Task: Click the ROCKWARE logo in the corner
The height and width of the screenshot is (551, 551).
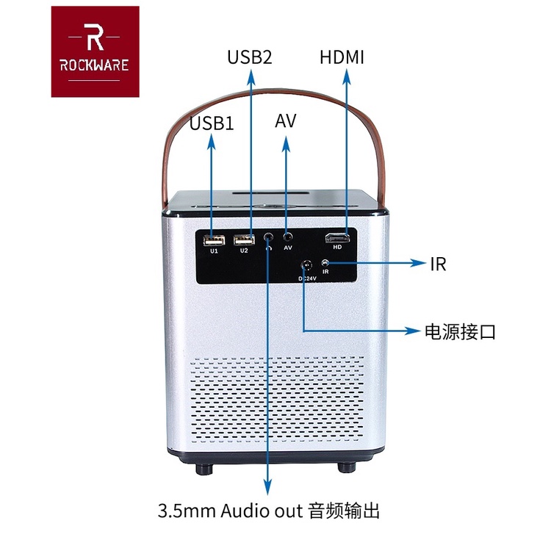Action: click(95, 51)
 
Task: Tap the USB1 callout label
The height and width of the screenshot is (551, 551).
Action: click(212, 123)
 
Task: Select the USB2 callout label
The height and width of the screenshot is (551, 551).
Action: click(250, 57)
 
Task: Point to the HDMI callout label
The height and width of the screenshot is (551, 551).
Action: click(342, 57)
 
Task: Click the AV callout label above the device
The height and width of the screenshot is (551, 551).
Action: click(285, 121)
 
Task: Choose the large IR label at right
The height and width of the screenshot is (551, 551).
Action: click(438, 264)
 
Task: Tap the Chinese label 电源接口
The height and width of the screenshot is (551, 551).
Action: click(461, 331)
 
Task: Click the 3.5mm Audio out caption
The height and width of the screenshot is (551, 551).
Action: click(269, 509)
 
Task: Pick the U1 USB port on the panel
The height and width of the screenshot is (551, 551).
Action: click(214, 240)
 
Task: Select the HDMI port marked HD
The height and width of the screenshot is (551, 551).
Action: click(338, 238)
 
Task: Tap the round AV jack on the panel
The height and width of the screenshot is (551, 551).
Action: click(289, 237)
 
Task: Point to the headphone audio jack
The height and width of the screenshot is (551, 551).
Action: click(269, 238)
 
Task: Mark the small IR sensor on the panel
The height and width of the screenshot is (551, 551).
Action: click(325, 264)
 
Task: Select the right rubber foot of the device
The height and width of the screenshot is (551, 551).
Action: click(345, 467)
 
